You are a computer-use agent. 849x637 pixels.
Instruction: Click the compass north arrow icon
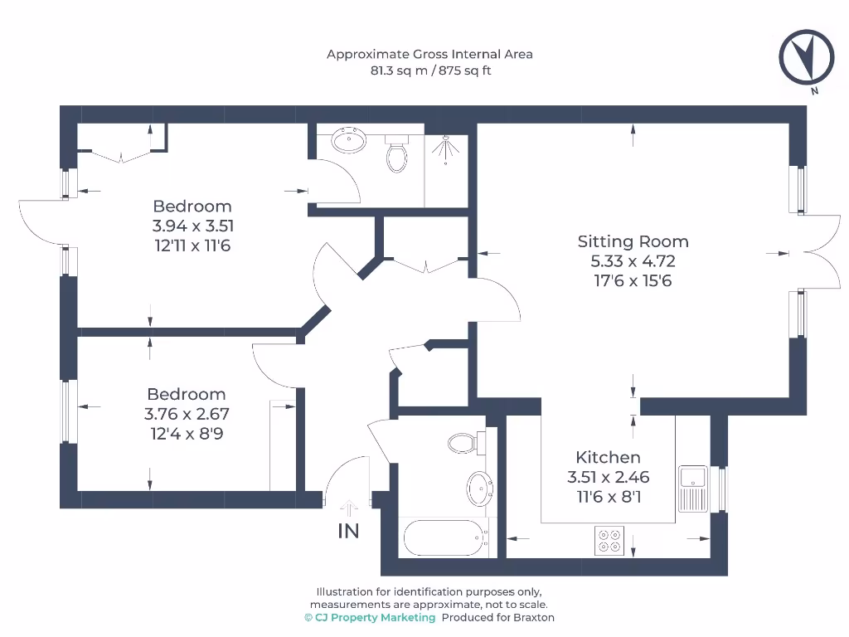[x=805, y=57]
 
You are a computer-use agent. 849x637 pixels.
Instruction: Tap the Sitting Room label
[x=633, y=241]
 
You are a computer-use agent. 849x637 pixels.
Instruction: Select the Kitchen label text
[x=608, y=457]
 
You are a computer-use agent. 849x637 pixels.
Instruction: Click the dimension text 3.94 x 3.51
[x=192, y=226]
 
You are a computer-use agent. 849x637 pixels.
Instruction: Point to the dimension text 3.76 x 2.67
[x=187, y=414]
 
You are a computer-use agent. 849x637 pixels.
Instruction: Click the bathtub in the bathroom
[x=443, y=538]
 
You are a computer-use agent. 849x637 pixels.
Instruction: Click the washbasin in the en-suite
[x=350, y=140]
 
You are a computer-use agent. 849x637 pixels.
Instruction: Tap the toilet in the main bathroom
[x=463, y=443]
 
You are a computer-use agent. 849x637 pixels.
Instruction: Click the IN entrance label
[x=348, y=532]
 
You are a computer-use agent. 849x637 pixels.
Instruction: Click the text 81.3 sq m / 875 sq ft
[x=429, y=71]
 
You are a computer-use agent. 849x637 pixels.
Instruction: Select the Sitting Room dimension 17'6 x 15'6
[x=633, y=281]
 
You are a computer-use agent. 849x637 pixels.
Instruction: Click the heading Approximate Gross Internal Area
[x=429, y=54]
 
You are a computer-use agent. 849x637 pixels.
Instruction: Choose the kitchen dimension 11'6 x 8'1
[x=608, y=497]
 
